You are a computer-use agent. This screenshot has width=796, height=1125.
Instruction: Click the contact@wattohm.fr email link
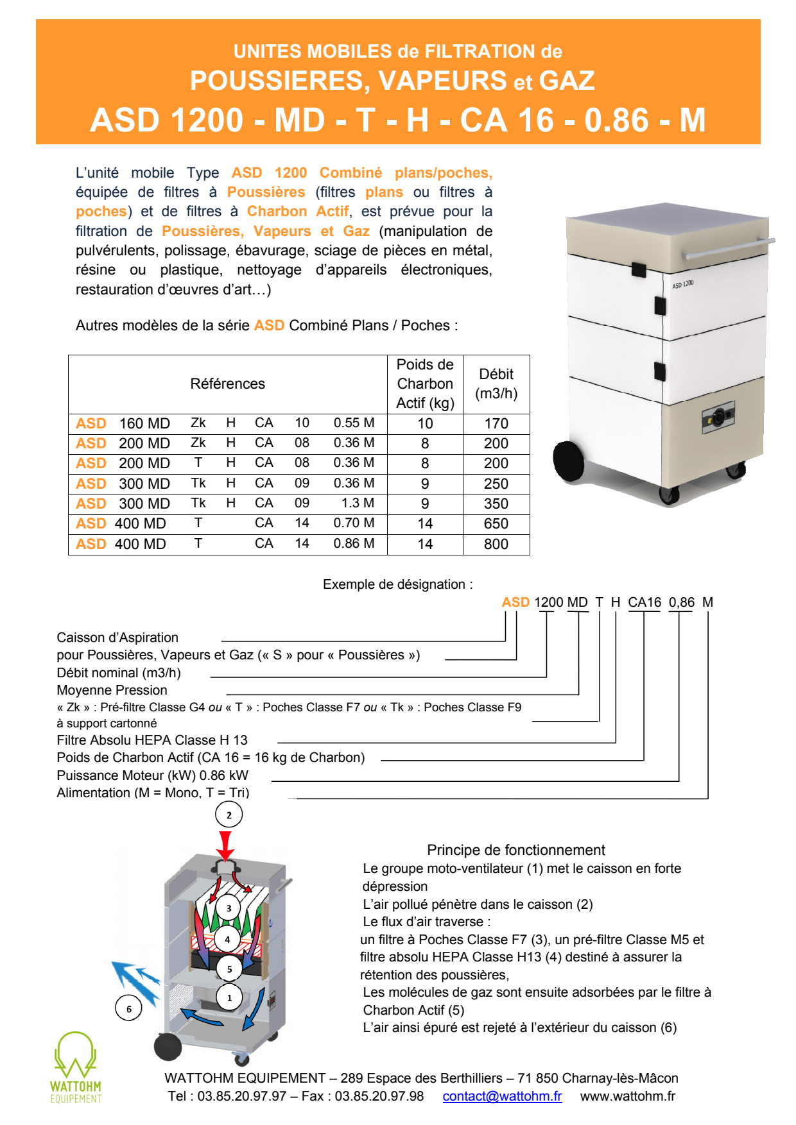(x=502, y=1096)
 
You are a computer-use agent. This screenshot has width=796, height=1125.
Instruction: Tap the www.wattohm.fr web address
(x=627, y=1096)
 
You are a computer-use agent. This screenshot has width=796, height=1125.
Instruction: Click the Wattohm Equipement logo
(x=76, y=1067)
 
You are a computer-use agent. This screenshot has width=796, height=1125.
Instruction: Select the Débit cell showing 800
(x=496, y=544)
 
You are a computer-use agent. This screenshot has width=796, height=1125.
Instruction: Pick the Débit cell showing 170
(x=496, y=423)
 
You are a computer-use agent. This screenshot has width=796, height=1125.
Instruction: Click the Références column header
(x=227, y=384)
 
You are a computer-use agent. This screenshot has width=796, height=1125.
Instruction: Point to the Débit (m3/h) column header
(x=496, y=384)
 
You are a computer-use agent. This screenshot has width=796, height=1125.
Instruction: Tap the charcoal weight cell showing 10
(x=425, y=423)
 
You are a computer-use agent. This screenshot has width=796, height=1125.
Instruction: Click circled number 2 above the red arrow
(x=229, y=815)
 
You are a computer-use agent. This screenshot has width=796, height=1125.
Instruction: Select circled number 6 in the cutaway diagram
(x=128, y=1008)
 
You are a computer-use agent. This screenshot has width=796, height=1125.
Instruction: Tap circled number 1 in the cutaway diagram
(x=229, y=997)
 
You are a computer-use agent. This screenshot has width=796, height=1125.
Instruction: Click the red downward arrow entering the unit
(x=225, y=845)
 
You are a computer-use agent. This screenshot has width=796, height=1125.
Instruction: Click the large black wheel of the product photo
(x=567, y=461)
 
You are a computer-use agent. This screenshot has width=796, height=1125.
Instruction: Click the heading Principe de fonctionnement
(x=515, y=850)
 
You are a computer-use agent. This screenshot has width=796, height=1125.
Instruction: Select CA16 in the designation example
(x=644, y=602)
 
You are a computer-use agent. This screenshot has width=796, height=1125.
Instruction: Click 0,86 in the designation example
(x=681, y=602)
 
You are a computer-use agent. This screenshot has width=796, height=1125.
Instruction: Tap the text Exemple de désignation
(x=397, y=584)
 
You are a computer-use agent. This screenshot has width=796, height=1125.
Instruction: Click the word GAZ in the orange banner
(x=567, y=81)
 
